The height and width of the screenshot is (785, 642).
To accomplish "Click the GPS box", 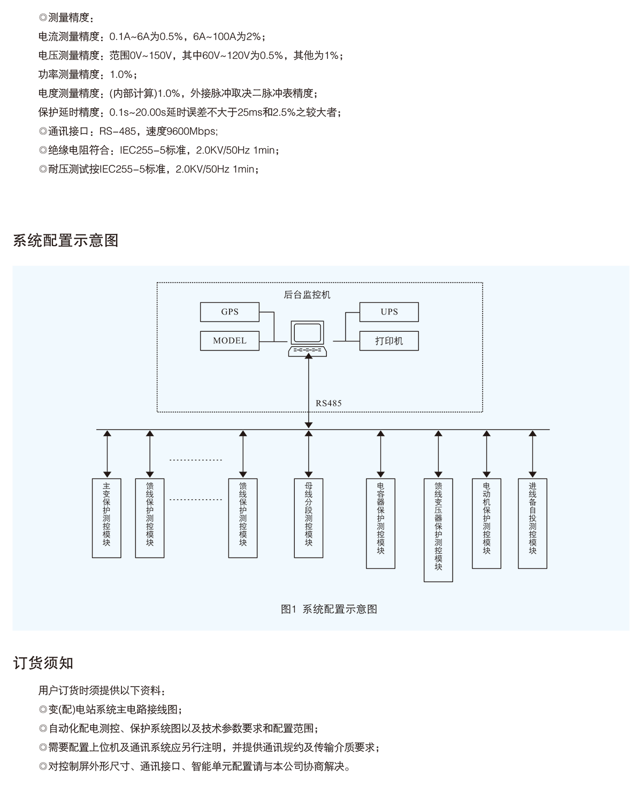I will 230,312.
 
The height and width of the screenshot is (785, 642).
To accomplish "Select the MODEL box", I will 230,341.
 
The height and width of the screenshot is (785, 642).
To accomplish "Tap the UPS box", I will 389,312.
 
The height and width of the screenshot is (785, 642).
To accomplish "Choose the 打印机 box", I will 389,341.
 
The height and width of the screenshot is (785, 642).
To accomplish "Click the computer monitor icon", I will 308,333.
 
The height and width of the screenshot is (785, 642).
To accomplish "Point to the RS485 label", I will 328,403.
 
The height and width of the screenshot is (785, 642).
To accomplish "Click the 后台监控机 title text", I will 307,294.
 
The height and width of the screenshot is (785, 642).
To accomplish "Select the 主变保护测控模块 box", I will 106,518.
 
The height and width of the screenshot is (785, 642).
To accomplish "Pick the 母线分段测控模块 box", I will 309,518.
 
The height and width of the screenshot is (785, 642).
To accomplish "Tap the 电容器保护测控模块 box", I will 380,523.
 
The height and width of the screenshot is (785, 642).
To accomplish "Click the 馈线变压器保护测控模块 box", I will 438,530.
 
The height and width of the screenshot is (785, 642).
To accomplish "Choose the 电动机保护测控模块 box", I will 486,523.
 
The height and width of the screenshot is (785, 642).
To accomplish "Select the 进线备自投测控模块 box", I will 532,523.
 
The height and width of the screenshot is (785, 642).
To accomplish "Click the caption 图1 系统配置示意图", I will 329,609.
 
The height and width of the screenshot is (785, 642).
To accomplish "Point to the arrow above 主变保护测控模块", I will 107,454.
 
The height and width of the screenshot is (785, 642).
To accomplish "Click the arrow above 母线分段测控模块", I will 309,454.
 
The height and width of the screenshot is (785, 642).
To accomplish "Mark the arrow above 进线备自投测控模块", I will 532,454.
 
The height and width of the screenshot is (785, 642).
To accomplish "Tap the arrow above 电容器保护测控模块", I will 380,454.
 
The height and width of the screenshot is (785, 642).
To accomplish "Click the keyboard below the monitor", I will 308,350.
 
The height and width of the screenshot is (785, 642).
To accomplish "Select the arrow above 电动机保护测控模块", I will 486,454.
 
